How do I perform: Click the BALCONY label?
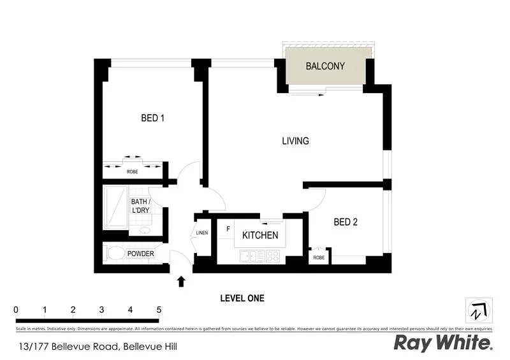tap(325, 66)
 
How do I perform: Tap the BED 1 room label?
tap(153, 118)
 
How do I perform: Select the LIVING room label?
tap(296, 141)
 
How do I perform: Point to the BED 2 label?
tap(346, 222)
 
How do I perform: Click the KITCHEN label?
tap(259, 235)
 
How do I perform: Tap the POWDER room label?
tap(140, 254)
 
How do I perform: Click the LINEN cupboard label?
tap(203, 233)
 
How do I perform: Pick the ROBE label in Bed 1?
tap(133, 172)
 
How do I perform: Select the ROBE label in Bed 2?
tap(318, 257)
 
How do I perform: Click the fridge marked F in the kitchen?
tap(226, 228)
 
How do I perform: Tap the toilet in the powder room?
tap(115, 254)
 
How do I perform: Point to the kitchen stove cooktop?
tap(273, 256)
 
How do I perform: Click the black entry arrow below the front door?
tap(181, 281)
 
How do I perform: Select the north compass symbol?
tap(479, 312)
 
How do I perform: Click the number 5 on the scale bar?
tap(159, 310)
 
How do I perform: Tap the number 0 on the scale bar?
tap(16, 310)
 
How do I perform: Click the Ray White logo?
tap(442, 343)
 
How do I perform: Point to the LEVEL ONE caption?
tap(242, 298)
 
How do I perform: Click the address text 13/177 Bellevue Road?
tap(96, 347)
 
